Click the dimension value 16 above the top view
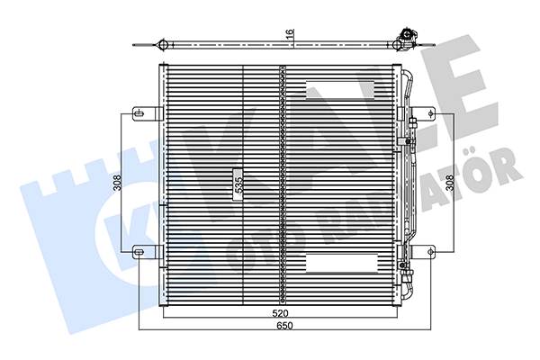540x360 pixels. pos(290,33)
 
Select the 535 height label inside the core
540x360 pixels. pos(238,184)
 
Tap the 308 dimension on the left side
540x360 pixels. pos(118,183)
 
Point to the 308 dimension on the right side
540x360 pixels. pos(448,183)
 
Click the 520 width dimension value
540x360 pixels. pos(280,313)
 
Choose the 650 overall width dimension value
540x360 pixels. pos(285,326)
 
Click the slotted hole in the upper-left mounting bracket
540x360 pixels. pos(139,113)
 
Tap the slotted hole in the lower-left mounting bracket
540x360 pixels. pos(139,252)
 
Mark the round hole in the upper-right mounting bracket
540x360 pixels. pos(430,113)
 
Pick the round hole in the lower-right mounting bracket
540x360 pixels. pos(430,252)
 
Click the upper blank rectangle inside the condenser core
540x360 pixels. pos(340,90)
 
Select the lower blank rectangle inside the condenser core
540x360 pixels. pos(342,263)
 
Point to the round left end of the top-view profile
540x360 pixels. pos(162,45)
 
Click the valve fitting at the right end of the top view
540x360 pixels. pos(408,38)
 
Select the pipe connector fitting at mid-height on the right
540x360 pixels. pos(407,141)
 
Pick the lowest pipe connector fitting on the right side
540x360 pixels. pos(406,266)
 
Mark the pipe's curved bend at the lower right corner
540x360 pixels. pos(408,292)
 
